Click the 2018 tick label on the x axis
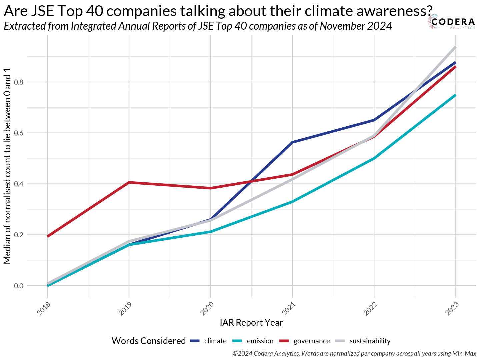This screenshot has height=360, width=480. click(44, 309)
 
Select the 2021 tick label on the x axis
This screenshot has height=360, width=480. click(289, 309)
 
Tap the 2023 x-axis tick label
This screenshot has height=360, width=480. click(452, 309)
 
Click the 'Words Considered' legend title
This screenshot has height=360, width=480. click(149, 341)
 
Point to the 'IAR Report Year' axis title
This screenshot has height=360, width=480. click(251, 323)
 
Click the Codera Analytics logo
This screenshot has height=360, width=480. click(452, 23)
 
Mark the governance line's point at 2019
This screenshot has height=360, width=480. click(129, 182)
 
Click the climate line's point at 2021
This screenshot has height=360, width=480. click(292, 142)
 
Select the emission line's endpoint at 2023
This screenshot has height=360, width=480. click(455, 95)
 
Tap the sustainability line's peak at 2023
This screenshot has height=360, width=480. click(455, 47)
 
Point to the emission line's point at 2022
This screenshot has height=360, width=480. click(374, 158)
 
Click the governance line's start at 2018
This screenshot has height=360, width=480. click(48, 236)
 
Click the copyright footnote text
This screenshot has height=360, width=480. click(354, 353)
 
